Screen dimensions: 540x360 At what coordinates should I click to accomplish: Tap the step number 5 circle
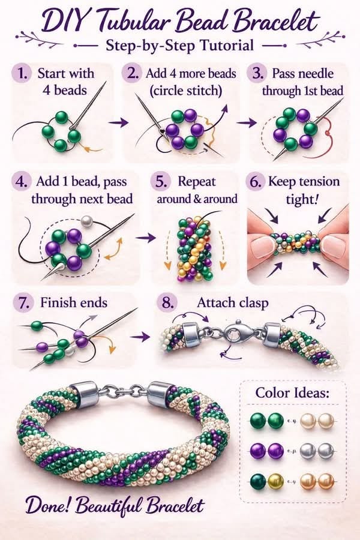pos(159,182)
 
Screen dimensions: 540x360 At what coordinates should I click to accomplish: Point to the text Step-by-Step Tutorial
pos(179,45)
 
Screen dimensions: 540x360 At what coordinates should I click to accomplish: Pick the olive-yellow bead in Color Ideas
pos(275,482)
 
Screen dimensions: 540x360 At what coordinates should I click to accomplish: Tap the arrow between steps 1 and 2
pos(119,122)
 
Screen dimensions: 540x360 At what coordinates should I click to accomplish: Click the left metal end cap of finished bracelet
pos(88,394)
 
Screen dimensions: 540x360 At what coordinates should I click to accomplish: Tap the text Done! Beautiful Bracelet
pos(114,505)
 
